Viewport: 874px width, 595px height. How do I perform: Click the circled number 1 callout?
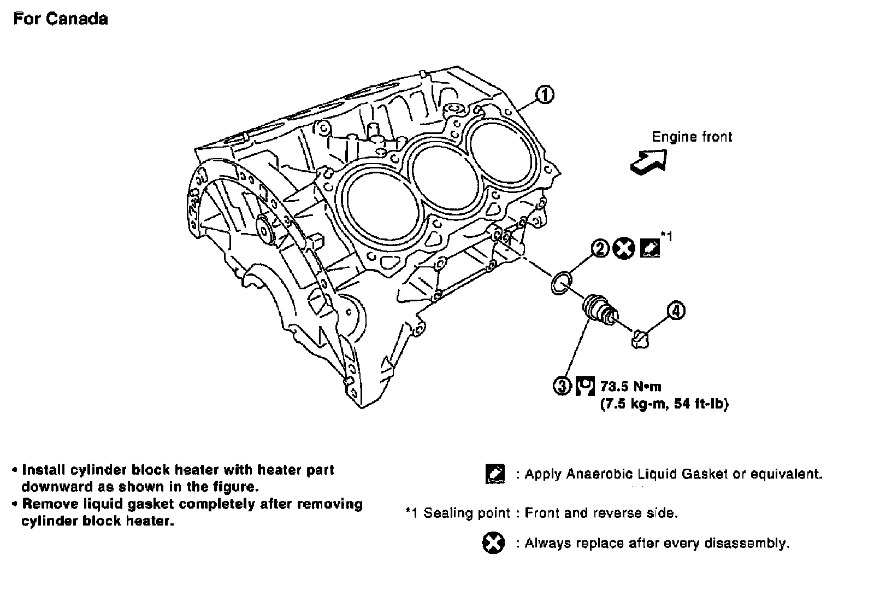pos(545,95)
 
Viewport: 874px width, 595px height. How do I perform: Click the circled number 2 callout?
pos(599,249)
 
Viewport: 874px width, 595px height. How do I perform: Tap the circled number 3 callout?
pos(562,386)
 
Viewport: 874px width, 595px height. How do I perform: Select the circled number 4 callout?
pos(676,311)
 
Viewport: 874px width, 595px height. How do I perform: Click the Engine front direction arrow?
pos(649,162)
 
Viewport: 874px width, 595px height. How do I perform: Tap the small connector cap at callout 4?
pos(640,339)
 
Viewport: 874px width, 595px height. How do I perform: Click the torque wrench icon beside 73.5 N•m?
pos(585,386)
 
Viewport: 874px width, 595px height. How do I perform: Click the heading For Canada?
pos(61,19)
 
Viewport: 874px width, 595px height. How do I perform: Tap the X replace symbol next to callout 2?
pos(624,249)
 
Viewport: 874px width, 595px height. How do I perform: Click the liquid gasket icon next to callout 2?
pos(649,248)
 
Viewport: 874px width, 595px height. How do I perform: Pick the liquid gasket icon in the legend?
pos(495,474)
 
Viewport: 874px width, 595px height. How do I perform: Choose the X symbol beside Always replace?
pos(493,543)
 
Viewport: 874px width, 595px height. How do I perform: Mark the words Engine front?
pos(692,137)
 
